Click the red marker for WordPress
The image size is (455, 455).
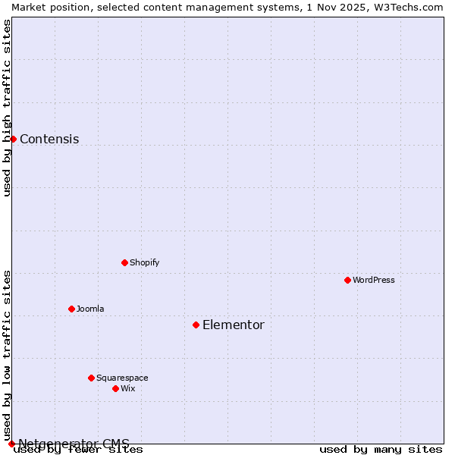348,280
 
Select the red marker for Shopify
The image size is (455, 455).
125,262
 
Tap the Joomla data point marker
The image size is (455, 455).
72,309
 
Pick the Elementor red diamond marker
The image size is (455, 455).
196,325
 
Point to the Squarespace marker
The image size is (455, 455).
92,378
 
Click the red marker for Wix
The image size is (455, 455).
116,388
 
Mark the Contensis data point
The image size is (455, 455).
13,139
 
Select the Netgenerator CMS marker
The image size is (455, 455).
11,444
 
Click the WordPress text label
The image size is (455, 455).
374,280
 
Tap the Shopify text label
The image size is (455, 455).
145,262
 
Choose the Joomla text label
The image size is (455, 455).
90,309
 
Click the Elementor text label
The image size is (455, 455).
234,325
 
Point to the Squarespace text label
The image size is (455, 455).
122,378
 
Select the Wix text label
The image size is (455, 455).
128,388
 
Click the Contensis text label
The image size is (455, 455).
49,140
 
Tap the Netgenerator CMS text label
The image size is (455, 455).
74,444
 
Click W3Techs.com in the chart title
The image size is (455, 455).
406,7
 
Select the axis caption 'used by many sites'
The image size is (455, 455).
381,450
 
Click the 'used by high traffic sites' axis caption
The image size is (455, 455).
7,108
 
